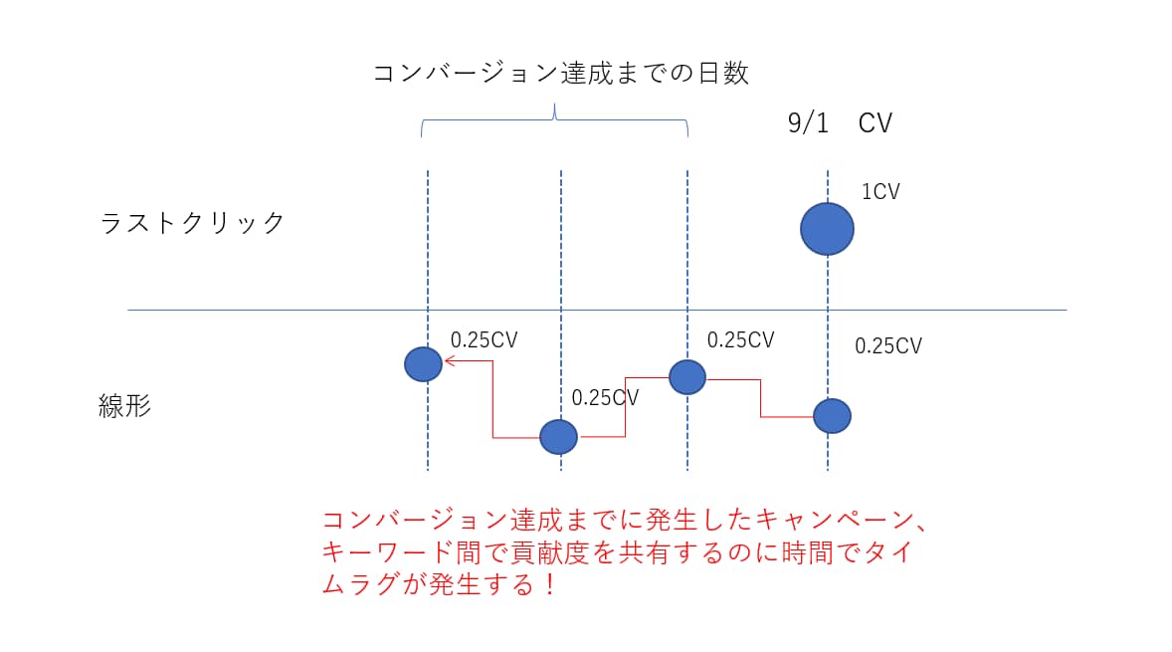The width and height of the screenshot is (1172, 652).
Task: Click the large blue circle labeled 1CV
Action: click(827, 228)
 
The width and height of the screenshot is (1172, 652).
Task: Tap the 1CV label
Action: click(879, 192)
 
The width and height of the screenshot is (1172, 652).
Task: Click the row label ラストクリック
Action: click(193, 222)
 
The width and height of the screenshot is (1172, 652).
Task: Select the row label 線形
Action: click(125, 405)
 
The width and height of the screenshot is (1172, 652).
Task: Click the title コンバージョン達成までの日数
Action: click(560, 74)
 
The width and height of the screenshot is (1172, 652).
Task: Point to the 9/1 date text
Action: click(807, 123)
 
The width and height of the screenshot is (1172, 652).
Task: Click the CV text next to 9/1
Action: click(876, 123)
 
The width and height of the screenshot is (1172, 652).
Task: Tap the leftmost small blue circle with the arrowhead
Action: click(423, 364)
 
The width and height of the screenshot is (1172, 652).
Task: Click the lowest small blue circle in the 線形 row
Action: click(558, 436)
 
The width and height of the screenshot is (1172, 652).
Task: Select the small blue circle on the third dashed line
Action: click(687, 377)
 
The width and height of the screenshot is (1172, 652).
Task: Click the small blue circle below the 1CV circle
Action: click(832, 415)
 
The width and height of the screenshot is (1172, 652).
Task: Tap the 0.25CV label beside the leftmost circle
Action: click(485, 339)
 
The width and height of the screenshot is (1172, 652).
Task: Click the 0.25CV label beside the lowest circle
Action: click(605, 397)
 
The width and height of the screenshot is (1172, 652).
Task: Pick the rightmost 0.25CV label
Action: click(888, 346)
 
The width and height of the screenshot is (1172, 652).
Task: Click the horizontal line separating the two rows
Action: click(597, 310)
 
